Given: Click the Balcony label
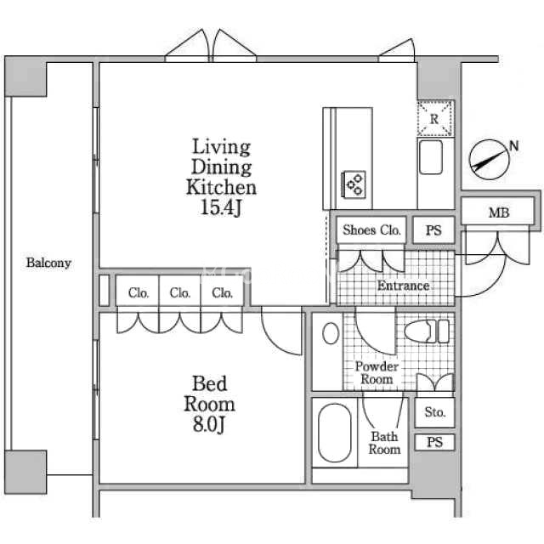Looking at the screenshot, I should pos(48,263).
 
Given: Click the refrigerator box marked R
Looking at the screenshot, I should pos(434,119).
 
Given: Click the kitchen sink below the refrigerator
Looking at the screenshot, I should pos(433,158).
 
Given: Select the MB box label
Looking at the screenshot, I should pos(499,212).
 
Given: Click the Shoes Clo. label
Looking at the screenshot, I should pos(371,229).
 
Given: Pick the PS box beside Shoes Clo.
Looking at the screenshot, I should pos(433,229).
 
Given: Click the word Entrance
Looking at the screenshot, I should pos(403,286).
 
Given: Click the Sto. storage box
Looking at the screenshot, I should pos(434,413).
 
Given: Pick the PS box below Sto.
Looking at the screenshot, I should pos(434,442).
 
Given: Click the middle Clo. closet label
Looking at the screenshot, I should pos(180,293).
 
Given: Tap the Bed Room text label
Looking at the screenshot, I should pos(209,393).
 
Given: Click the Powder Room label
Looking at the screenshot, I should pos(376,373).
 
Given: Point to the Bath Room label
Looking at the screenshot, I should pos(384,443).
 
